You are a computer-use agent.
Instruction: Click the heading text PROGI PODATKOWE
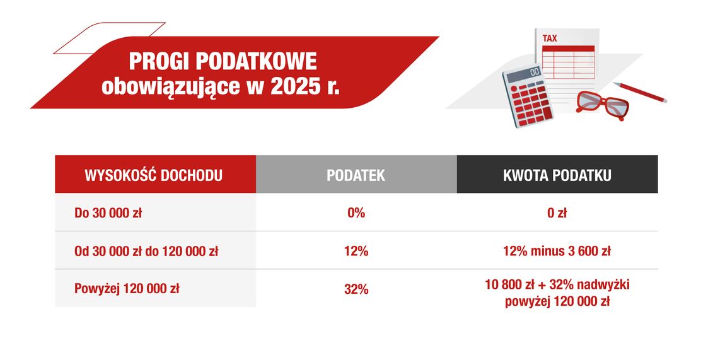click(x=223, y=62)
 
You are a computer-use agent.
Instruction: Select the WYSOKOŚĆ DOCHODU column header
click(x=154, y=175)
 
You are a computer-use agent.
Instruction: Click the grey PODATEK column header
click(x=356, y=175)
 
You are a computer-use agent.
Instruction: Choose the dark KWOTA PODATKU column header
click(x=557, y=175)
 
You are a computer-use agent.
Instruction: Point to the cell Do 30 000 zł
click(x=108, y=213)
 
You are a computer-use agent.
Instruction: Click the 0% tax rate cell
click(x=356, y=213)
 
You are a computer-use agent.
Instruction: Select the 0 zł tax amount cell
click(x=557, y=213)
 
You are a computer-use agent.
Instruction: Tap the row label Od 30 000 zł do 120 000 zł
click(x=146, y=251)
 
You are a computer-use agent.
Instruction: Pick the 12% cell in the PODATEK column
click(x=356, y=251)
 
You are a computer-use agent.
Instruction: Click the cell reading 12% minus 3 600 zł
click(x=557, y=251)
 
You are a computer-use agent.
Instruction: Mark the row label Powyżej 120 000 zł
click(x=126, y=289)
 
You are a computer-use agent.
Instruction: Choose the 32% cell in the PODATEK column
click(x=356, y=289)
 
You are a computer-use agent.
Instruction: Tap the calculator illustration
click(x=525, y=96)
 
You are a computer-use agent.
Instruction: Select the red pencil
click(x=640, y=92)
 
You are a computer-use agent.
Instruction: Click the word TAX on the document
click(x=550, y=38)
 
